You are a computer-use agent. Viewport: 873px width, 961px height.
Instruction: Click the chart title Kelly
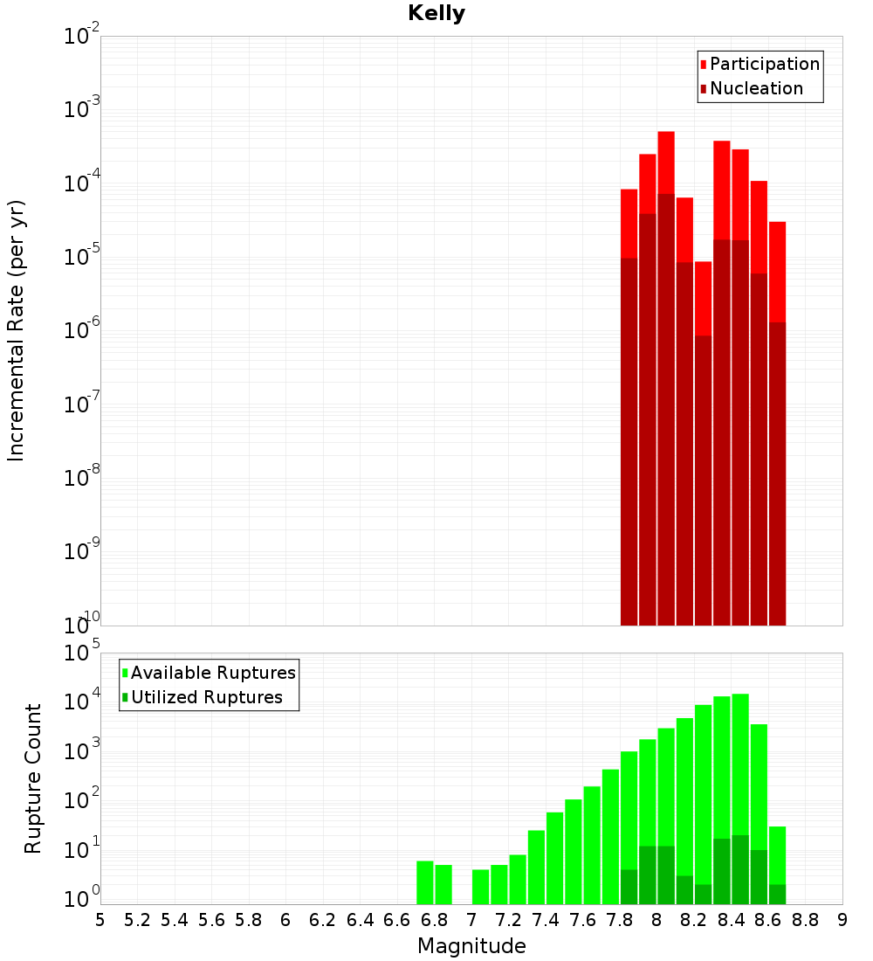[436, 14]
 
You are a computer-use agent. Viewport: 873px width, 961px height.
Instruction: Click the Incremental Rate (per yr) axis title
[16, 330]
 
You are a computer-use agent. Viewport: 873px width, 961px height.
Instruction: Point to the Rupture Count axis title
[33, 778]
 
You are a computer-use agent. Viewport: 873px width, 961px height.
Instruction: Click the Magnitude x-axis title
[471, 946]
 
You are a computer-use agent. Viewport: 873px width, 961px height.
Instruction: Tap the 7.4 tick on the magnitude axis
[546, 919]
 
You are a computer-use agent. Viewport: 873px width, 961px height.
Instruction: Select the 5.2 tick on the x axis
[138, 919]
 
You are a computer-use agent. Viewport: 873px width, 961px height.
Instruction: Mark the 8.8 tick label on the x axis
[805, 919]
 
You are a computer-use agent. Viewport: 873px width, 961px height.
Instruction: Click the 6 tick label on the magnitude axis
[285, 919]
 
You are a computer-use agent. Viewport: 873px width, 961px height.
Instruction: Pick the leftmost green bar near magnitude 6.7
[425, 882]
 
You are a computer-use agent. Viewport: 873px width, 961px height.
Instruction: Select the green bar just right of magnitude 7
[481, 887]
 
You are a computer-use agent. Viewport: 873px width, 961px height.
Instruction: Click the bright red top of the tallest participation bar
[666, 162]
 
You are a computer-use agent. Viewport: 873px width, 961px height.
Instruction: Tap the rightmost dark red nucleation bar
[777, 472]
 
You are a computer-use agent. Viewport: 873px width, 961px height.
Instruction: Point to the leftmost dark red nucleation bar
[629, 437]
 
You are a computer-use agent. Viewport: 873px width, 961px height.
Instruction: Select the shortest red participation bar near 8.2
[703, 297]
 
